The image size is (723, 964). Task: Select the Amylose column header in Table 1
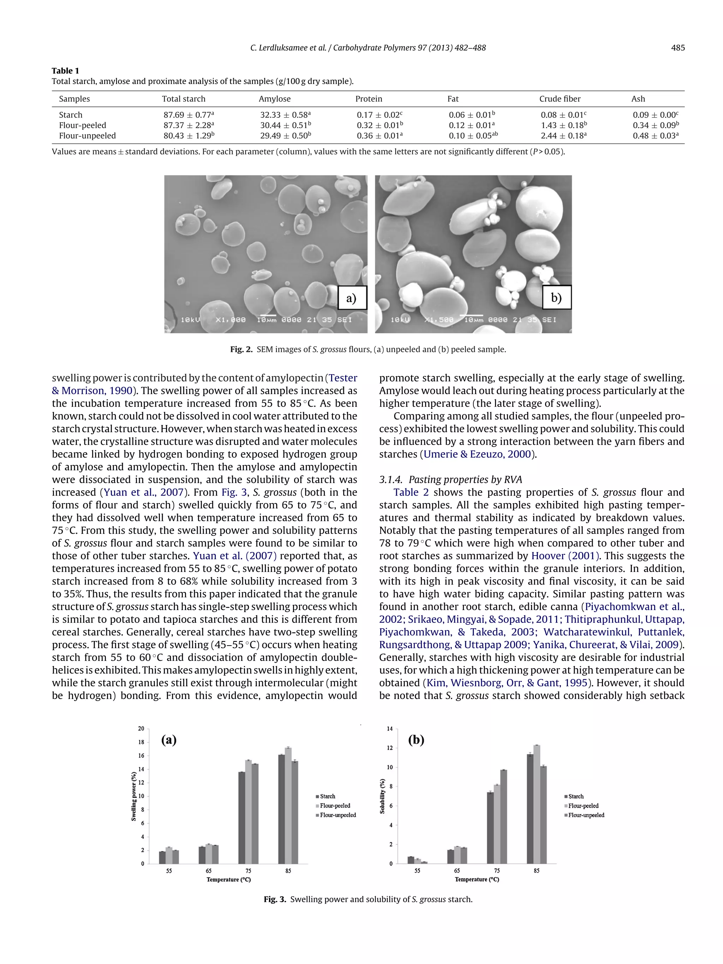(x=275, y=99)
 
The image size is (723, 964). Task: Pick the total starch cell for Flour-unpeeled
(x=189, y=136)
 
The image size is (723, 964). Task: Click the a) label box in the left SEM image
(x=352, y=298)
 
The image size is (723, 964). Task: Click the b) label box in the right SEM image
(x=556, y=298)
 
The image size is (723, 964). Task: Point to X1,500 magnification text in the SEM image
(x=439, y=320)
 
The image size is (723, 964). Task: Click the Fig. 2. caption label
(x=241, y=349)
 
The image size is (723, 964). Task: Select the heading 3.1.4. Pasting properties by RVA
(x=450, y=479)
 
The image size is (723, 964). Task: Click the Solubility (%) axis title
(x=382, y=796)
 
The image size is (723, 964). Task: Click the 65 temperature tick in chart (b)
(x=457, y=870)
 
